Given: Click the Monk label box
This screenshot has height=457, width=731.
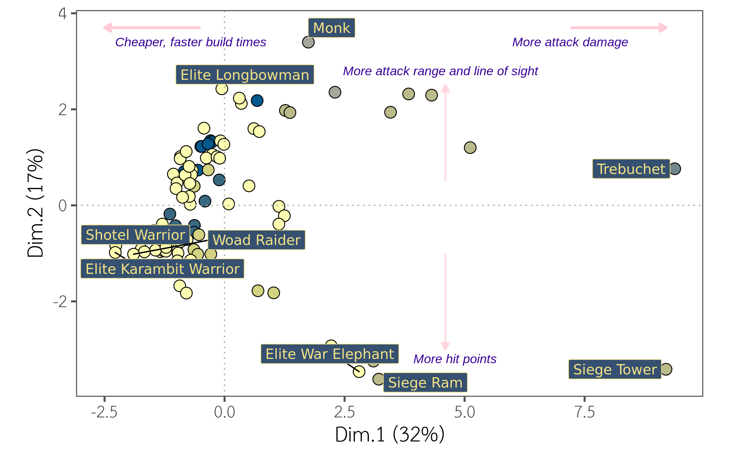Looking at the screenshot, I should [x=331, y=28].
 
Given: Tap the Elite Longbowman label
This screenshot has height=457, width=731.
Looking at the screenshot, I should [x=245, y=75].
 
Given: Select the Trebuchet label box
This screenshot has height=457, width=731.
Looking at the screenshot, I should [x=631, y=169].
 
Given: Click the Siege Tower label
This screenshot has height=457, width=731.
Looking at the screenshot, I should [x=615, y=369].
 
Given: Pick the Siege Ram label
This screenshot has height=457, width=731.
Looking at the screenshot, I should [x=425, y=382].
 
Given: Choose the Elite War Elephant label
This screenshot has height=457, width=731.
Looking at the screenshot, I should [x=330, y=354].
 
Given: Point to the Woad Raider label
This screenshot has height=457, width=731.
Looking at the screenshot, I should [x=256, y=240].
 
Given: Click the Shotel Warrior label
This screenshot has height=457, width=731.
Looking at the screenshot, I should [x=135, y=235].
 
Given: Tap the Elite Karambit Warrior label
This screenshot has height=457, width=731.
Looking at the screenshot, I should [x=162, y=269].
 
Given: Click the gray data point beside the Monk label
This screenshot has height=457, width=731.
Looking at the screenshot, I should [x=308, y=42].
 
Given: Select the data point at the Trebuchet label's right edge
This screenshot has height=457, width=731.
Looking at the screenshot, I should [x=675, y=168].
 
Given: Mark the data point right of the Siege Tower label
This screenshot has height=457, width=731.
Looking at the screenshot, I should [x=666, y=369].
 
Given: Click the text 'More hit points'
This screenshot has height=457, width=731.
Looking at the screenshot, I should [x=455, y=359].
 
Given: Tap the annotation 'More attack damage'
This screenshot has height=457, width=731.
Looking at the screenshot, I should [x=570, y=42].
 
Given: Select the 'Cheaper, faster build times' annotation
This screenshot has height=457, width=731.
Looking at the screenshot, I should [x=191, y=42].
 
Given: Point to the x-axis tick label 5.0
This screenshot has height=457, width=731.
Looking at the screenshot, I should [x=464, y=412].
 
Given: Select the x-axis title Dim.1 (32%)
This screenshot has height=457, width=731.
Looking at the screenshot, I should [x=390, y=434].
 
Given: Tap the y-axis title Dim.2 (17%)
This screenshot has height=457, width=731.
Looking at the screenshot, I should [x=35, y=203].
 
